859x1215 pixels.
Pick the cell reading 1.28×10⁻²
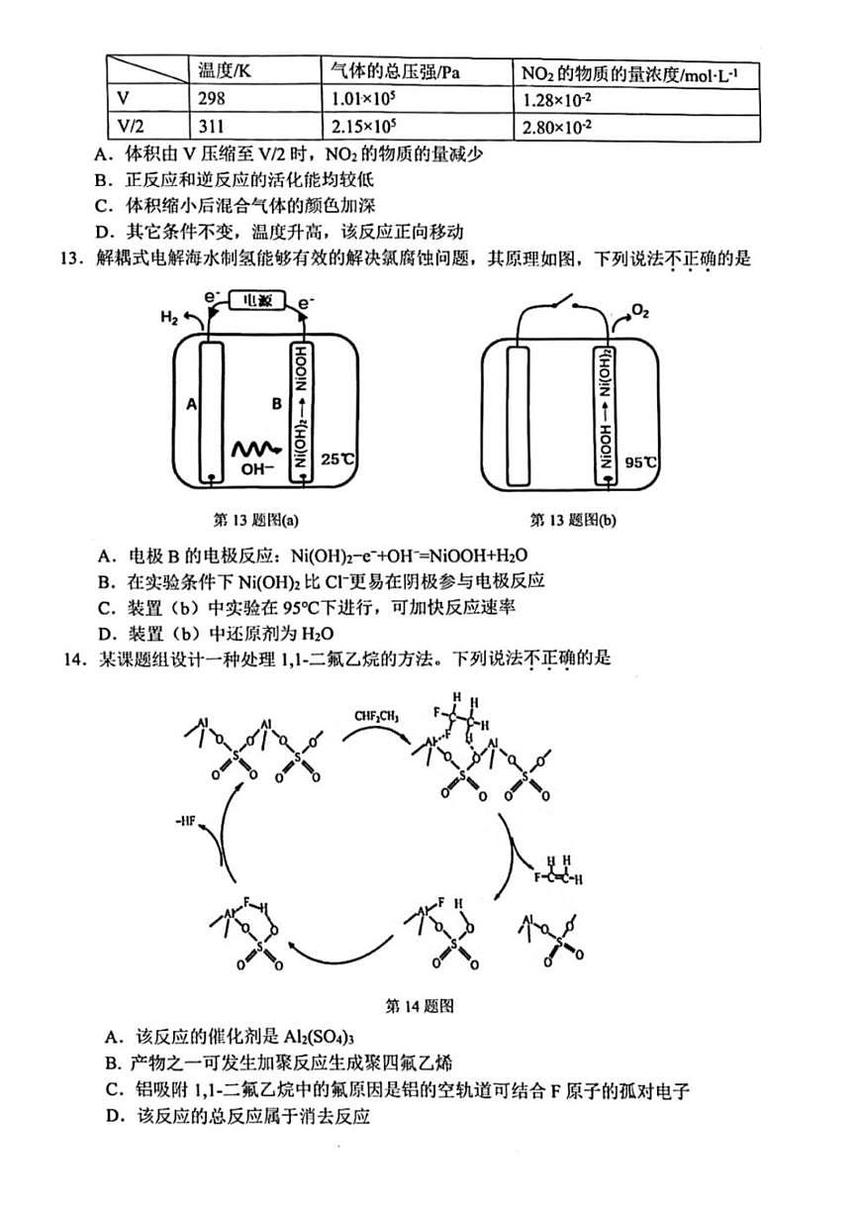[x=559, y=99]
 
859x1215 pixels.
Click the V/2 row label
[x=130, y=126]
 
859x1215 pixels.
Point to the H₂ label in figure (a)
[x=169, y=318]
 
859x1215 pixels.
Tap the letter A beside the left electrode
[x=181, y=403]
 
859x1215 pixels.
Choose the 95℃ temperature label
[x=641, y=462]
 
